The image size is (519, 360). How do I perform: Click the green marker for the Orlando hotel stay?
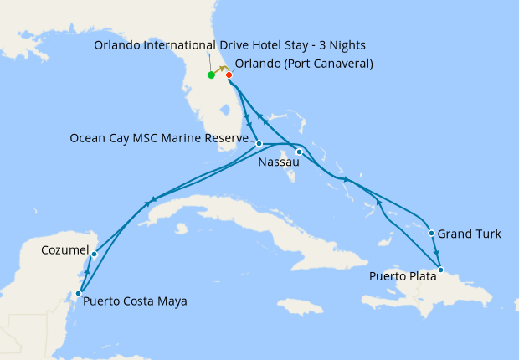click(x=211, y=75)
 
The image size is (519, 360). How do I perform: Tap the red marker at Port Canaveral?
click(x=229, y=75)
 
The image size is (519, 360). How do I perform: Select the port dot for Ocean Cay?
click(x=259, y=144)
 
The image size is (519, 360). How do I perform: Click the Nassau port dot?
click(x=299, y=152)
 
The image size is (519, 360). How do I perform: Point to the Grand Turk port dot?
click(x=430, y=233)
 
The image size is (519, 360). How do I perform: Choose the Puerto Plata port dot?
click(x=441, y=270)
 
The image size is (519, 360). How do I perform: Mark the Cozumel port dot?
click(x=95, y=254)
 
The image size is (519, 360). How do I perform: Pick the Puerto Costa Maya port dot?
click(x=78, y=293)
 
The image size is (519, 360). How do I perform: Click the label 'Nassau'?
click(x=280, y=162)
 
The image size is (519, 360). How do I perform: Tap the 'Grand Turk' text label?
click(x=470, y=234)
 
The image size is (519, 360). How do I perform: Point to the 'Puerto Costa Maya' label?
click(x=135, y=301)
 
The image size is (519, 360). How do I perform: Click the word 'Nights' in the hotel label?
click(x=346, y=44)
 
